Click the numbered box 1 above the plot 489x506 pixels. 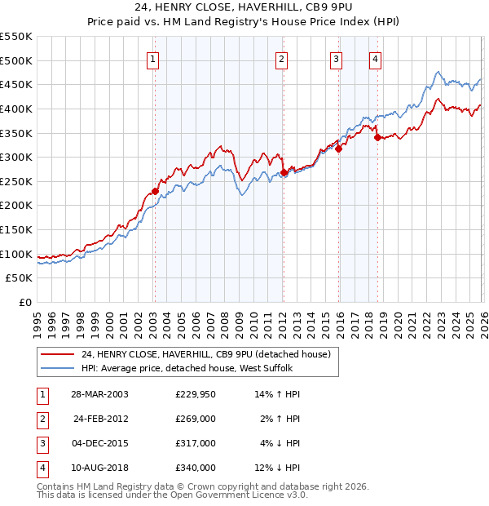click(154, 58)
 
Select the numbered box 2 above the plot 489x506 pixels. click(281, 58)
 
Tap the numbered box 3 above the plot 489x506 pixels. click(336, 58)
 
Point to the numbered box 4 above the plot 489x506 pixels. click(375, 58)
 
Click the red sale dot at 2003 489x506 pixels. click(155, 191)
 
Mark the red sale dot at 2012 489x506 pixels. click(282, 172)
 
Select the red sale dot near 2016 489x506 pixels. click(338, 149)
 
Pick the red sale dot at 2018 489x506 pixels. click(377, 137)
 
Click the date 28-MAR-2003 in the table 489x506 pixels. click(100, 394)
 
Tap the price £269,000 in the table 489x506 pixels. click(195, 419)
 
